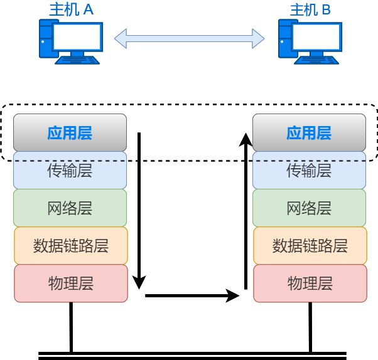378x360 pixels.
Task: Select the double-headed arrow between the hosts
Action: pyautogui.click(x=189, y=38)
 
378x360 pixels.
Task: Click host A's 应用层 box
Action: pyautogui.click(x=70, y=133)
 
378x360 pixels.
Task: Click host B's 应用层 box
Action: pyautogui.click(x=309, y=133)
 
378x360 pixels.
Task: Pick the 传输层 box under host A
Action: pyautogui.click(x=70, y=170)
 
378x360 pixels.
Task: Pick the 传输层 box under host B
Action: pyautogui.click(x=309, y=170)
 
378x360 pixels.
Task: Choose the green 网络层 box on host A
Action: pyautogui.click(x=70, y=208)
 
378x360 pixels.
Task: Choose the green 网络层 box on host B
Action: pyautogui.click(x=309, y=208)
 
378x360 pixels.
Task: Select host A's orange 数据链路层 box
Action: pyautogui.click(x=70, y=245)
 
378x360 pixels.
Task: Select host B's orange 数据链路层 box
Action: pyautogui.click(x=310, y=245)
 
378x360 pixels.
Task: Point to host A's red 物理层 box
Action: pyautogui.click(x=70, y=283)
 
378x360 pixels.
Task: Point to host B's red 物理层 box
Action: pyautogui.click(x=310, y=283)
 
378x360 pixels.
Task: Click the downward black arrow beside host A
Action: pyautogui.click(x=140, y=207)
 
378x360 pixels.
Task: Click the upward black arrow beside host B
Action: pyautogui.click(x=245, y=207)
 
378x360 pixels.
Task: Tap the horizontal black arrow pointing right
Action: pyautogui.click(x=192, y=295)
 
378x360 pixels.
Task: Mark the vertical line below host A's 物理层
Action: pyautogui.click(x=71, y=326)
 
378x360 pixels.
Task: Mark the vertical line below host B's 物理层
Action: pyautogui.click(x=310, y=326)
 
